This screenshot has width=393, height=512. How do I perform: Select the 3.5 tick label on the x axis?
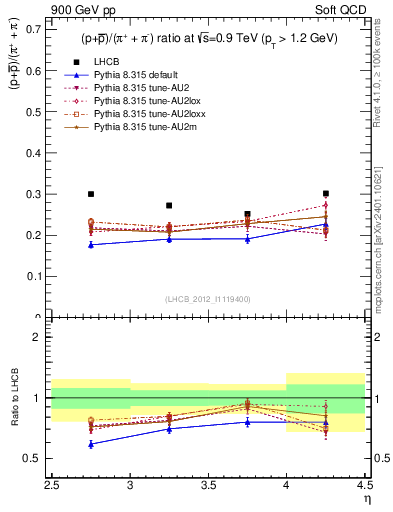tap(208, 483)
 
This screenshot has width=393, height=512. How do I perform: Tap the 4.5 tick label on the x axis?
tap(364, 483)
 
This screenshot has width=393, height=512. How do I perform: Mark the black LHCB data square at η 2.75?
tap(91, 194)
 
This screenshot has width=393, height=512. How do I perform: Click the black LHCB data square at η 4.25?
tap(325, 193)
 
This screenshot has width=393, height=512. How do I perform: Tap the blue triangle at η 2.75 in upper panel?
tap(91, 244)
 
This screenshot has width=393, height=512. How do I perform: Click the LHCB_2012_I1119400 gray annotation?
tap(207, 299)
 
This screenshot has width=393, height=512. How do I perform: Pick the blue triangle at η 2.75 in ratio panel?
tap(91, 444)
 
